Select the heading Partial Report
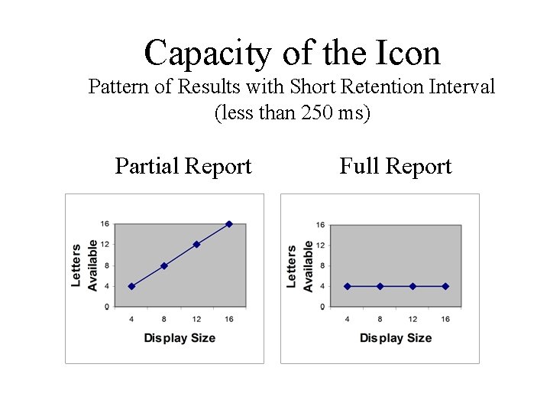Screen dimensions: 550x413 click(183, 166)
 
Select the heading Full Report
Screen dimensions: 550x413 click(396, 166)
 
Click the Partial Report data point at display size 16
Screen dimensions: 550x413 click(229, 224)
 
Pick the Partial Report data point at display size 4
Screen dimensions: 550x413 click(131, 286)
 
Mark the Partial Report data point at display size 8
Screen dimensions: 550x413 click(163, 265)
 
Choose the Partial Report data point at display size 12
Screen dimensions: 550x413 click(196, 245)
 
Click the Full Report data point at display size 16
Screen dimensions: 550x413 click(445, 286)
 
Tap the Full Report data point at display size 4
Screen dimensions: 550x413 click(348, 286)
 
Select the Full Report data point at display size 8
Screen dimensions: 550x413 click(380, 286)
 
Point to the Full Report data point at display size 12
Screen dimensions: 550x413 click(412, 286)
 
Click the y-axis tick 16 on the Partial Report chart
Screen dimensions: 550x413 click(105, 224)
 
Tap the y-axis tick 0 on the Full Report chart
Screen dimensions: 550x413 click(322, 307)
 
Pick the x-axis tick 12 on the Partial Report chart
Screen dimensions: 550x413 click(196, 318)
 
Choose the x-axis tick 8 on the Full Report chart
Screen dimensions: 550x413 click(380, 318)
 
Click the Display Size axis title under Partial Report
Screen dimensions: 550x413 click(180, 338)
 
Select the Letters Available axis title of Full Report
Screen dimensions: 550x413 click(299, 266)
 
